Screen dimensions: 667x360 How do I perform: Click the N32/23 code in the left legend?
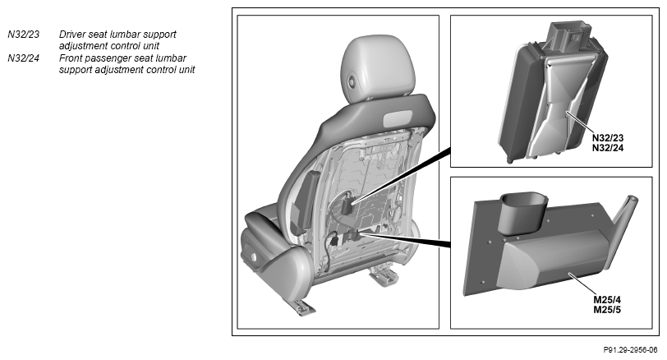(x=23, y=35)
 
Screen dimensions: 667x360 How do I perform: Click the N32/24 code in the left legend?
(x=23, y=58)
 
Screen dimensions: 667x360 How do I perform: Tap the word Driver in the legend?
(x=72, y=35)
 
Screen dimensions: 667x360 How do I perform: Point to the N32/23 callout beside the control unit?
(x=608, y=138)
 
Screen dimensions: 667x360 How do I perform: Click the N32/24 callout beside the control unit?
(x=608, y=148)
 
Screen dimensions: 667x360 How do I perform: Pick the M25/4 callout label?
(x=607, y=300)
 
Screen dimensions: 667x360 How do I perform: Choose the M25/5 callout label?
(x=607, y=310)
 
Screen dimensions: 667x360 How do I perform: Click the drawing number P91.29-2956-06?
(x=630, y=350)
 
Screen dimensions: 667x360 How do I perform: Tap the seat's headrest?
(x=377, y=68)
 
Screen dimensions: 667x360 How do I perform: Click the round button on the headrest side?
(x=352, y=81)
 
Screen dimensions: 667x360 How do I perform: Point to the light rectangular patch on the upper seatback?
(x=398, y=118)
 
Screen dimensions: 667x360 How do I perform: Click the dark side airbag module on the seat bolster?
(x=306, y=202)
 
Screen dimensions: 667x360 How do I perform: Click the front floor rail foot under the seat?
(x=303, y=307)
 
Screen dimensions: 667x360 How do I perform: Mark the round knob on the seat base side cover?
(x=254, y=257)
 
